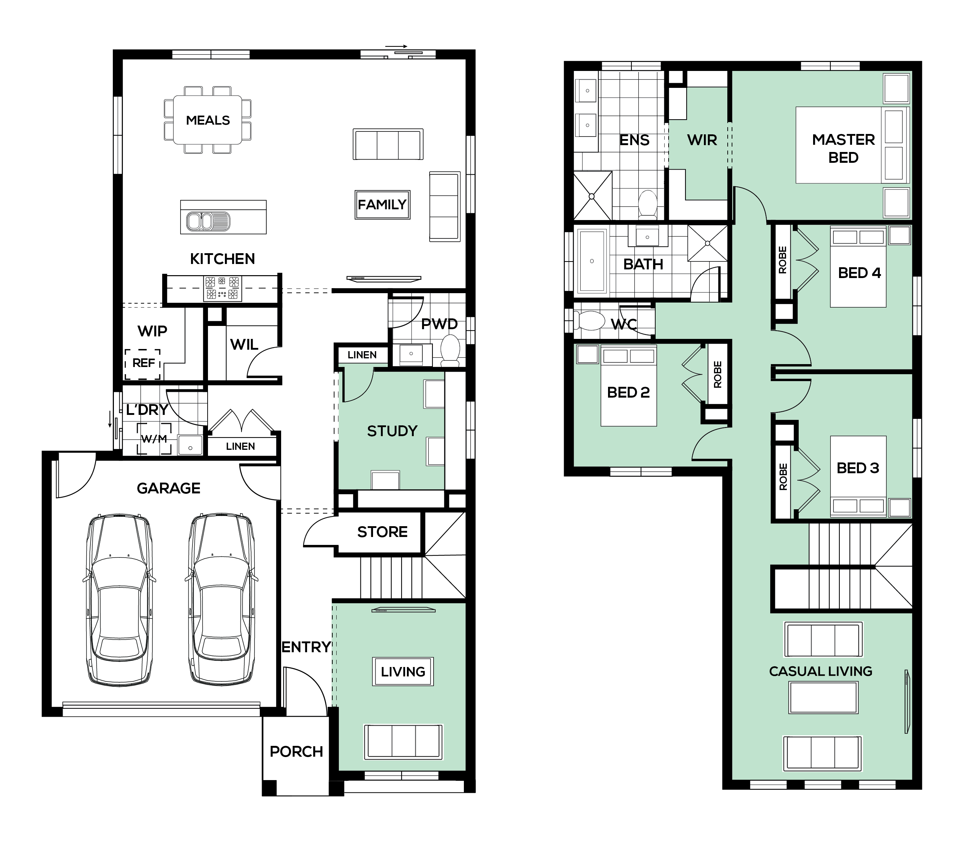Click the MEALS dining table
pos(208,120)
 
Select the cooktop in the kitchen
pos(222,288)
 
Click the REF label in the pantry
pos(143,363)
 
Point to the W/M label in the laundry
pos(154,439)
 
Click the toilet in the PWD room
pos(450,350)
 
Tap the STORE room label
pos(382,532)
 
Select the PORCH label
pos(296,752)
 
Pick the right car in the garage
pos(222,600)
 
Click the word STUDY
pos(392,431)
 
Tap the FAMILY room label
pos(382,204)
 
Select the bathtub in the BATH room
pos(592,261)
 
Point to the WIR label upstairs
pos(702,140)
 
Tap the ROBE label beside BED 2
pos(717,375)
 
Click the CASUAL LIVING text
pos(820,671)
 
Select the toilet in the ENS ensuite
pos(648,204)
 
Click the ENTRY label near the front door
pos(306,647)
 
